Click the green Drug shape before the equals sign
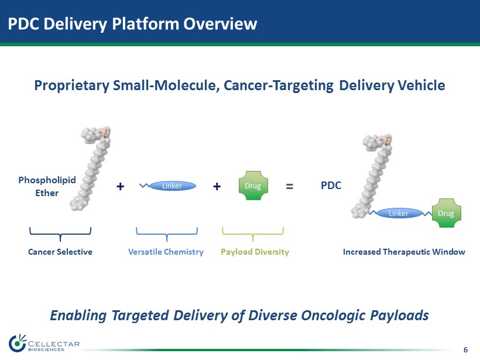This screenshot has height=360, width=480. click(x=253, y=186)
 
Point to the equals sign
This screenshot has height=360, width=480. click(x=289, y=186)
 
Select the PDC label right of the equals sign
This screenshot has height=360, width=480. click(x=331, y=186)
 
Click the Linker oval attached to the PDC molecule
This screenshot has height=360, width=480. click(x=399, y=213)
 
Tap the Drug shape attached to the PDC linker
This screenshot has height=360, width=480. click(x=446, y=213)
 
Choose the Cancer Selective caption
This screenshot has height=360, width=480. click(x=60, y=252)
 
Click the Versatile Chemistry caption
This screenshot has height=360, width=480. click(x=166, y=252)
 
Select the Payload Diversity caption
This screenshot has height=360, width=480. click(x=255, y=252)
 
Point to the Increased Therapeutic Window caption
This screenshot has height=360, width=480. click(x=404, y=252)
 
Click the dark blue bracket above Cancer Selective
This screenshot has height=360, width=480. click(x=60, y=234)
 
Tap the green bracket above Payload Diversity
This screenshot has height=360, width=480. click(x=252, y=234)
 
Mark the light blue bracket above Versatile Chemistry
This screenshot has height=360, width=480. click(x=167, y=234)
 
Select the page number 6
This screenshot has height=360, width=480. click(x=465, y=350)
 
